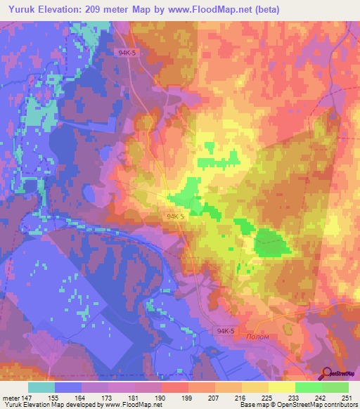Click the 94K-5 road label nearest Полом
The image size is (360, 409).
tap(226, 330)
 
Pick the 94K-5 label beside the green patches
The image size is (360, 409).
tap(176, 217)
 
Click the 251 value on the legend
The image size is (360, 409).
tap(347, 397)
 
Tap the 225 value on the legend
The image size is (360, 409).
tap(267, 397)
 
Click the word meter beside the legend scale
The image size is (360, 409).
tap(9, 397)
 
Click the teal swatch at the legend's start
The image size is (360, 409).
tap(41, 387)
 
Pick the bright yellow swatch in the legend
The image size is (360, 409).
tap(281, 387)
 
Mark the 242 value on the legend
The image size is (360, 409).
tap(321, 397)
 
